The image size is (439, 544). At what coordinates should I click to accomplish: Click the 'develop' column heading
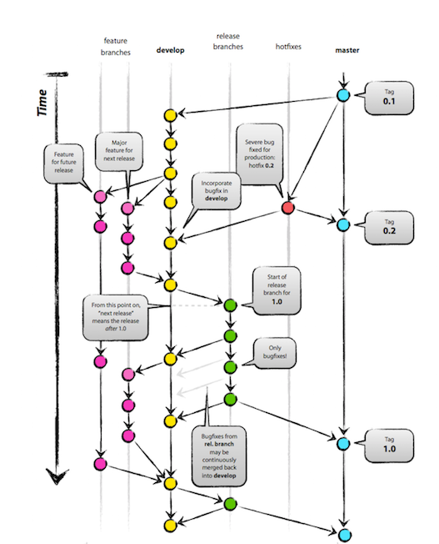pyautogui.click(x=170, y=50)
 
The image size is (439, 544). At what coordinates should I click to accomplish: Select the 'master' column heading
pyautogui.click(x=347, y=50)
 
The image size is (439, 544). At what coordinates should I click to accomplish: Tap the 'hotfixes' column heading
pyautogui.click(x=288, y=47)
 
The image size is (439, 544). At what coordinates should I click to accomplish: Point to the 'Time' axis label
pyautogui.click(x=42, y=103)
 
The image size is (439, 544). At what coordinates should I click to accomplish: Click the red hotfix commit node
pyautogui.click(x=287, y=208)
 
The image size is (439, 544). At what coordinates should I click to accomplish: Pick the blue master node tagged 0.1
pyautogui.click(x=343, y=95)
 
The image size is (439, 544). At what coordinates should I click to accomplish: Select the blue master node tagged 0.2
pyautogui.click(x=343, y=225)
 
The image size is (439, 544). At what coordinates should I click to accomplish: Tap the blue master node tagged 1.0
pyautogui.click(x=343, y=444)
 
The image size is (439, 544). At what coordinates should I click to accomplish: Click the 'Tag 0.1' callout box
pyautogui.click(x=389, y=98)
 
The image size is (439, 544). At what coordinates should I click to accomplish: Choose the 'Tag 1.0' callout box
pyautogui.click(x=389, y=446)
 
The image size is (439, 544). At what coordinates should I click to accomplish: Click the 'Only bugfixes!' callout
pyautogui.click(x=275, y=352)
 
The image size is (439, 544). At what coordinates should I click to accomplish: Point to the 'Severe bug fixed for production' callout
pyautogui.click(x=260, y=154)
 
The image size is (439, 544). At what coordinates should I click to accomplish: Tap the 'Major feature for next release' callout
pyautogui.click(x=119, y=151)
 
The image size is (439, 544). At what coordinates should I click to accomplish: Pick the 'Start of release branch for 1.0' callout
pyautogui.click(x=277, y=290)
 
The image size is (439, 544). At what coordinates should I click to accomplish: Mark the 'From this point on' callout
pyautogui.click(x=116, y=317)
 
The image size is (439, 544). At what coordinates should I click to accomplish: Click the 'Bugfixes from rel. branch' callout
pyautogui.click(x=219, y=456)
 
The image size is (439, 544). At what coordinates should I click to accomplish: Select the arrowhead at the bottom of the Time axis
pyautogui.click(x=57, y=476)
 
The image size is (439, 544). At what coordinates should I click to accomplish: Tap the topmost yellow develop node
pyautogui.click(x=170, y=115)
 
